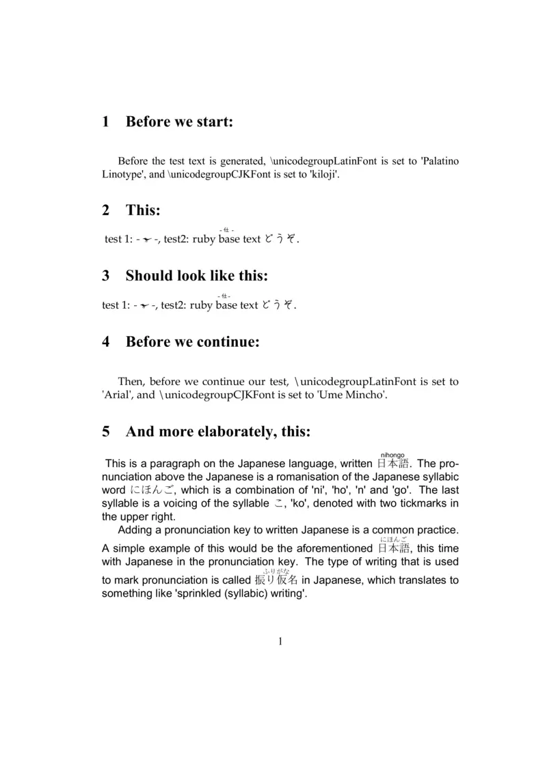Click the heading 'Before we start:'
point(179,122)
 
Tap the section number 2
point(106,210)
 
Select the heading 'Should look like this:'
point(196,277)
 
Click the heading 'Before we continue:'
point(192,341)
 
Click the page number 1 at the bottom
point(280,641)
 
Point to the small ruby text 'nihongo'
point(392,455)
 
